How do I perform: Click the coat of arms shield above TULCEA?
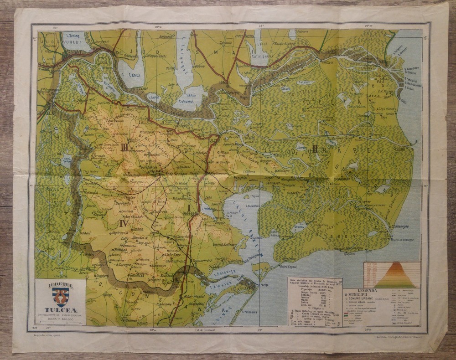pos(60,295)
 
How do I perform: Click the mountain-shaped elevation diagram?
pos(391,275)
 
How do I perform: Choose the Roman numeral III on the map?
pos(124,147)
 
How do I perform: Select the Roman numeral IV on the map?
pos(123,223)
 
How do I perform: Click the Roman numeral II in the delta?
pos(315,148)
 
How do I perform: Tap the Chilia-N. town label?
pos(328,51)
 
